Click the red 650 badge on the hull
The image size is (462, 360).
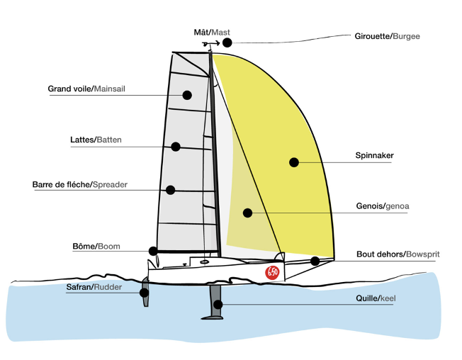pos(272,272)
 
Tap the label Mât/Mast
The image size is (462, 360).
pos(212,33)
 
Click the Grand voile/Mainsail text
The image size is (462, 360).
pos(96,89)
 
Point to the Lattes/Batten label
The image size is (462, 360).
pos(96,140)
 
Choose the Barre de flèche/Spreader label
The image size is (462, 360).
pos(80,185)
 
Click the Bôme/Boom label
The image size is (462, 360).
pos(96,247)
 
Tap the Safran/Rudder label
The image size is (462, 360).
pos(94,287)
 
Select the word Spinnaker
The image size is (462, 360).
pos(374,155)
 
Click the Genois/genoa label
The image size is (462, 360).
pos(383,206)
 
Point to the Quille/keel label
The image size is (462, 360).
pos(376,298)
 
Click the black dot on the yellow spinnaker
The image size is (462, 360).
pos(294,162)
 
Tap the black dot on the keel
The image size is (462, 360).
pos(218,305)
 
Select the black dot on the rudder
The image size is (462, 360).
pos(145,292)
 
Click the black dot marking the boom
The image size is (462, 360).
pos(153,250)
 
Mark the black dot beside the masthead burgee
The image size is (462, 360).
pos(227,43)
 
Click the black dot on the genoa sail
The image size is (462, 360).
pos(247,212)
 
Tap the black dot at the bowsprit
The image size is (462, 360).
pos(315,261)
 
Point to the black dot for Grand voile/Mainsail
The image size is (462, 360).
pos(187,95)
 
